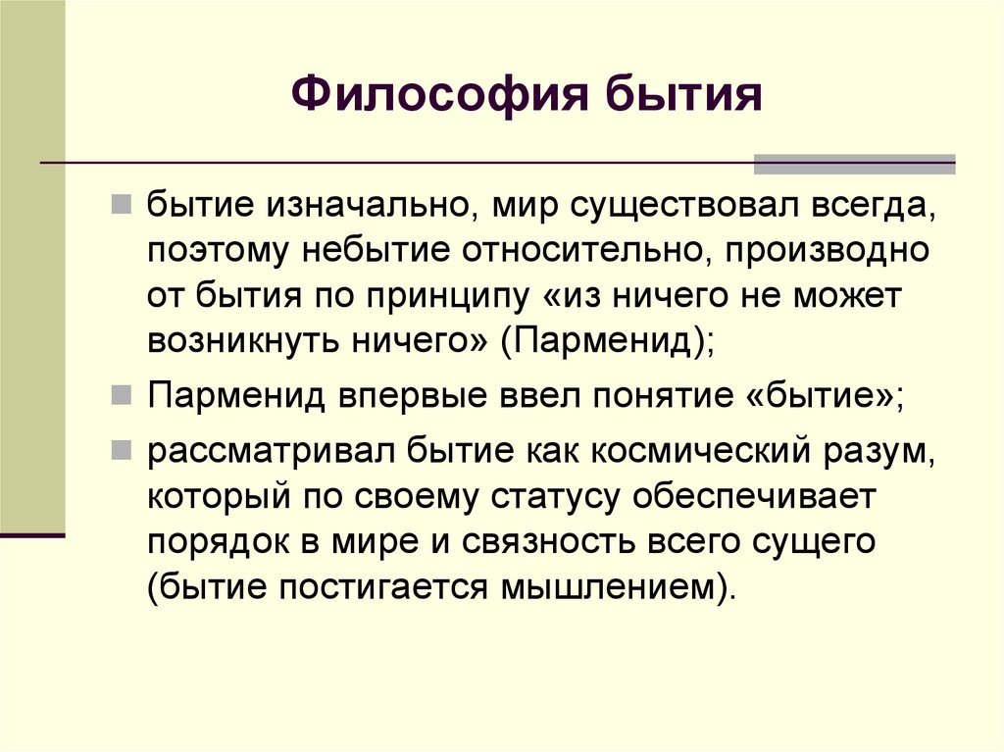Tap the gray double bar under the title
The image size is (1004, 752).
coord(853,164)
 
